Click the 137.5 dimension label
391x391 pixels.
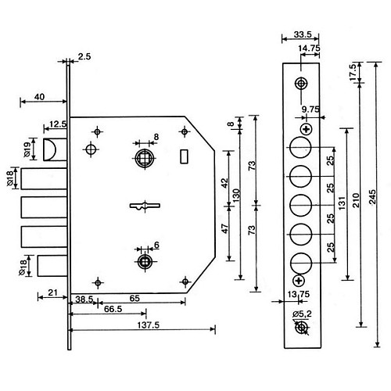tap(148, 325)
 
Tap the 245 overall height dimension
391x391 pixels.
tap(373, 197)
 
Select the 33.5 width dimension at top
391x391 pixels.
tap(303, 34)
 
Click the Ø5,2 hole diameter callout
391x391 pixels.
tap(302, 314)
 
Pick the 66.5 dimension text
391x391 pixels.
tap(113, 309)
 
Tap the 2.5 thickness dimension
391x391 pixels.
tap(84, 56)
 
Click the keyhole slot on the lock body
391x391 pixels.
tap(145, 206)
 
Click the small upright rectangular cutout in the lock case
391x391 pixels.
tap(185, 156)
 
